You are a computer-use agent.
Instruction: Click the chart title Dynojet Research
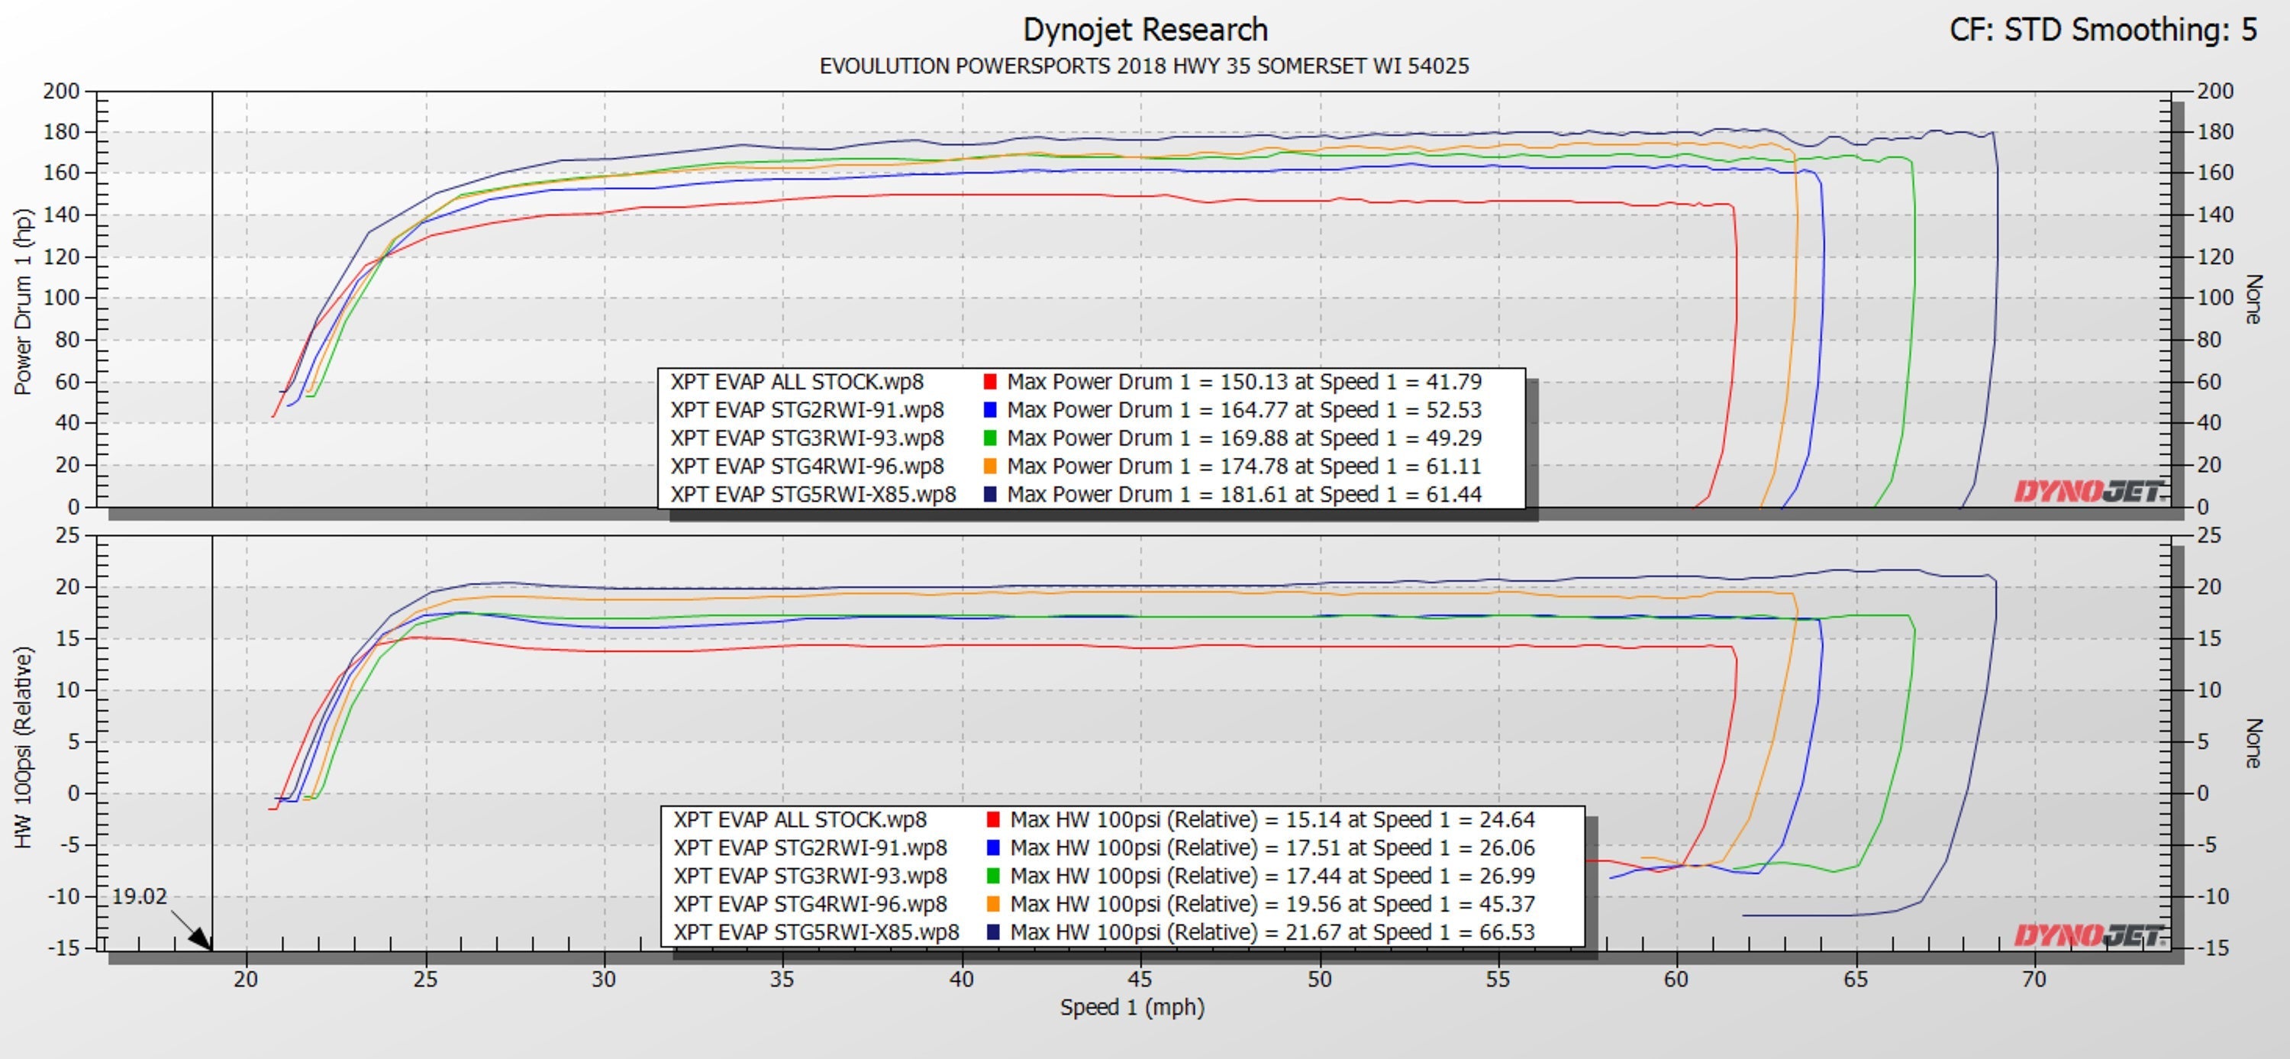coord(1144,31)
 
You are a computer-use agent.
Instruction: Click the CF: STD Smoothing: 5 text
coord(2102,31)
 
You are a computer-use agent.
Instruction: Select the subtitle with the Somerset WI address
coord(1144,66)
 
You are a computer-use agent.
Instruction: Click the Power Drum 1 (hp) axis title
coord(23,302)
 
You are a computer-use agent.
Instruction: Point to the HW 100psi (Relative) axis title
coord(23,747)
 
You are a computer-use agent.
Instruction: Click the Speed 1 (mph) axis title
coord(1132,1007)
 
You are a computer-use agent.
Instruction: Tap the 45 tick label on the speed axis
coord(1140,980)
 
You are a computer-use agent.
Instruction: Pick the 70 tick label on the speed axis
coord(2034,980)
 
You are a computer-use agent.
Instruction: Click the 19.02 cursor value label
coord(140,896)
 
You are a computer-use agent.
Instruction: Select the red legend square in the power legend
coord(990,383)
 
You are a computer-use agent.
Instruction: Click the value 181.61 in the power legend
coord(1253,494)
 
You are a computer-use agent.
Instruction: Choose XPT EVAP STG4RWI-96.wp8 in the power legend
coord(807,466)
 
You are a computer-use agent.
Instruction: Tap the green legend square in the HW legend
coord(993,876)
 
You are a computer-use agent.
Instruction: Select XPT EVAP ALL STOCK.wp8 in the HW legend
coord(800,820)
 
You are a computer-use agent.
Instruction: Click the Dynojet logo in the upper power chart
coord(2089,491)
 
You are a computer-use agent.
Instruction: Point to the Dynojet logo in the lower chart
coord(2089,935)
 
